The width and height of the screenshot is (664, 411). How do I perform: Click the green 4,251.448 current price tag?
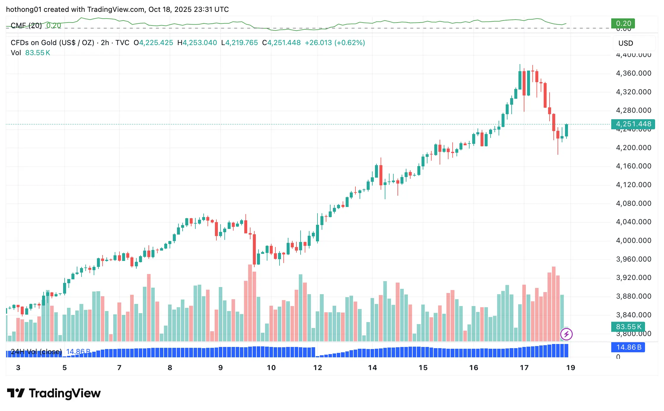(633, 124)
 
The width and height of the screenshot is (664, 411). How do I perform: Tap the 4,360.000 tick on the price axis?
(633, 73)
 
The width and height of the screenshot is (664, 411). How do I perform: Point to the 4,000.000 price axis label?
(633, 240)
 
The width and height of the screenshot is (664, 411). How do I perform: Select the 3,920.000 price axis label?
(633, 278)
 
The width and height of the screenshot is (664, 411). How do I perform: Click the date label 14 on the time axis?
(372, 368)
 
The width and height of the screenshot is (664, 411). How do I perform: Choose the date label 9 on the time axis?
(220, 368)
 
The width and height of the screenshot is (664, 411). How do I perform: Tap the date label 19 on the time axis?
(570, 368)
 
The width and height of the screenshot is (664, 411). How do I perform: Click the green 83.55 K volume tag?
(628, 327)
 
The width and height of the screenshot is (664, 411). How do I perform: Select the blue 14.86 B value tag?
(628, 347)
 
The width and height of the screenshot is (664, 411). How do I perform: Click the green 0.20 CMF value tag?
(623, 23)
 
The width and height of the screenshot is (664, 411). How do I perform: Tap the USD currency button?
(625, 43)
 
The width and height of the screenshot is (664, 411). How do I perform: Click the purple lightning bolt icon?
(566, 334)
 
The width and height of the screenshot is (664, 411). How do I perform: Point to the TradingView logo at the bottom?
(54, 393)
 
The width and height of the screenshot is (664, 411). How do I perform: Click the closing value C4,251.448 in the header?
(281, 43)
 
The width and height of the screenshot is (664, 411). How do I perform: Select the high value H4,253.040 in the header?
(197, 43)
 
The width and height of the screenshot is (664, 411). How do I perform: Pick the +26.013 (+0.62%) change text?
(335, 43)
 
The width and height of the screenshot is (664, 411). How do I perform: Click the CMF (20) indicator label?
(26, 26)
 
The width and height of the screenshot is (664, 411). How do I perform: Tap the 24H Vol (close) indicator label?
(36, 352)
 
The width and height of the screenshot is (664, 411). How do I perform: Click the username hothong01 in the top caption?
(24, 9)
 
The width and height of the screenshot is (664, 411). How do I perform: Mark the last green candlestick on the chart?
(566, 130)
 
